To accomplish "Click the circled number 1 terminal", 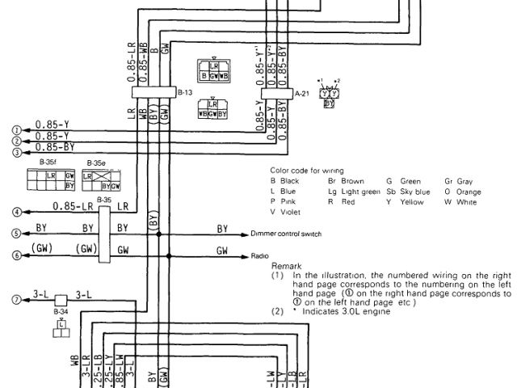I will [x=15, y=129].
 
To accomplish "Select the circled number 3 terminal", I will [x=15, y=150].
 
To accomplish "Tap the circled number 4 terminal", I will [x=15, y=212].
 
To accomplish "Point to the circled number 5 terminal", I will [x=15, y=234].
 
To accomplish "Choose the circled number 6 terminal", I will [x=15, y=256].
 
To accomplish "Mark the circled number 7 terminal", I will [x=15, y=300].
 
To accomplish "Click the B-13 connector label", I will [x=184, y=93].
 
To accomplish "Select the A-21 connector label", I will [x=303, y=94].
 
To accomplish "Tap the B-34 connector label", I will [x=61, y=310].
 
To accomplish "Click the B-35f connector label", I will [x=48, y=162].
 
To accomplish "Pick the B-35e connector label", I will [x=96, y=162].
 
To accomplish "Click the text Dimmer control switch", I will [x=287, y=234].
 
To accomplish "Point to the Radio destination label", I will [x=260, y=255].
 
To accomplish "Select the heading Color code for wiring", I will [x=306, y=171].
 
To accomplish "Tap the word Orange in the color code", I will [x=469, y=192].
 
